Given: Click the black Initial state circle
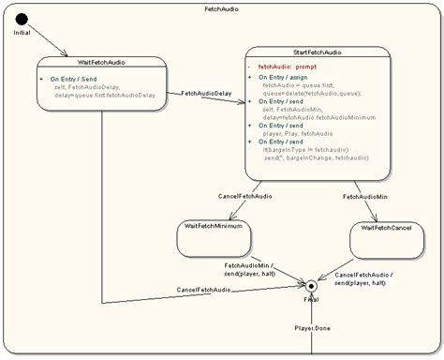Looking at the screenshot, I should point(22,18).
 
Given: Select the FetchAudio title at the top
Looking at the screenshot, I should point(222,7).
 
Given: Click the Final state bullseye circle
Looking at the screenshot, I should point(311,285).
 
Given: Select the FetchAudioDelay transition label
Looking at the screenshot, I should point(206,93).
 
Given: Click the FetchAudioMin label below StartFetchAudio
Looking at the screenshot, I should point(365,197).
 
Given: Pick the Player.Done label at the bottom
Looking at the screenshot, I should point(313,328).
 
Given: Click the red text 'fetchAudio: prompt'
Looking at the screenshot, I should point(288,67).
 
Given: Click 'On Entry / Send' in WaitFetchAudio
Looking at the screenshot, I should point(75,79).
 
